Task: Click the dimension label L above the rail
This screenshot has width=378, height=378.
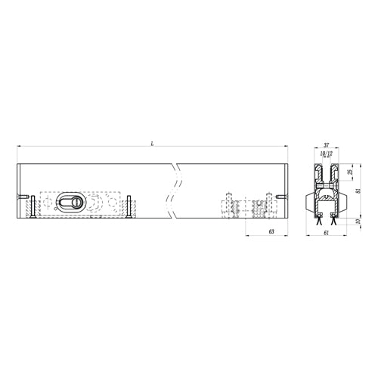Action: point(153,142)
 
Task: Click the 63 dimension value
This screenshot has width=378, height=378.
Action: point(271,232)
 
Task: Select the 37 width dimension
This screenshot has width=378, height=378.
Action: point(326,145)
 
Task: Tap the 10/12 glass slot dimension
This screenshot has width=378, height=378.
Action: point(326,153)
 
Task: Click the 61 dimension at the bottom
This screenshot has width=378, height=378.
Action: point(326,234)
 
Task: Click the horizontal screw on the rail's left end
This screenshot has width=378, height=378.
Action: point(26,199)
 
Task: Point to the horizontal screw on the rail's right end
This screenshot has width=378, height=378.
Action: point(280,199)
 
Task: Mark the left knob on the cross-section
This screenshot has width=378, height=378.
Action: point(307,203)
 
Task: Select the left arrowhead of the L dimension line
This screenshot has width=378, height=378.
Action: point(19,147)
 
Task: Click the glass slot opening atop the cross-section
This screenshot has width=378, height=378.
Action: point(326,169)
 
